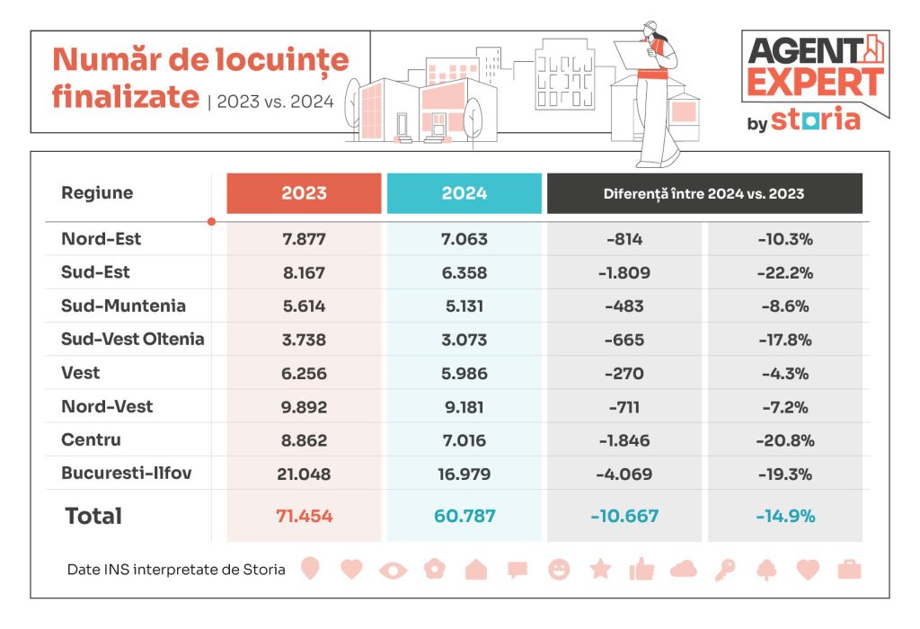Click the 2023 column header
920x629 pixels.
coord(304,193)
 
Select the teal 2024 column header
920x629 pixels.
coord(464,193)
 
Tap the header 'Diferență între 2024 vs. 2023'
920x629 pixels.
coord(703,193)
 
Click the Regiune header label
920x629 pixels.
coord(97,193)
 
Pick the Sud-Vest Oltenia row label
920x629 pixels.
coord(132,339)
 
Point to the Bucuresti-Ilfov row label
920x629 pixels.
coord(127,473)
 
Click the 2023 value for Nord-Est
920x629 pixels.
coord(304,239)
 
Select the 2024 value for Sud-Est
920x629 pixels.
coord(464,272)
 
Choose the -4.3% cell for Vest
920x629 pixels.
coord(784,373)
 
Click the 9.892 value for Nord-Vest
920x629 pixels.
coord(304,406)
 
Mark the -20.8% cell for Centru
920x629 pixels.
coord(784,440)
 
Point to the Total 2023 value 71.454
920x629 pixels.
coord(304,517)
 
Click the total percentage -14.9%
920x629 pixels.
coord(784,517)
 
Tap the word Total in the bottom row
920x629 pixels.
coord(93,517)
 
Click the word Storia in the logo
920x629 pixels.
coord(815,120)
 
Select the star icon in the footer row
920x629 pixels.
coord(600,569)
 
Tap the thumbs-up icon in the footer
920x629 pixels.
coord(641,569)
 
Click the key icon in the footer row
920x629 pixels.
coord(724,569)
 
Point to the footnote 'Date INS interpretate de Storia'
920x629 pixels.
coord(176,570)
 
